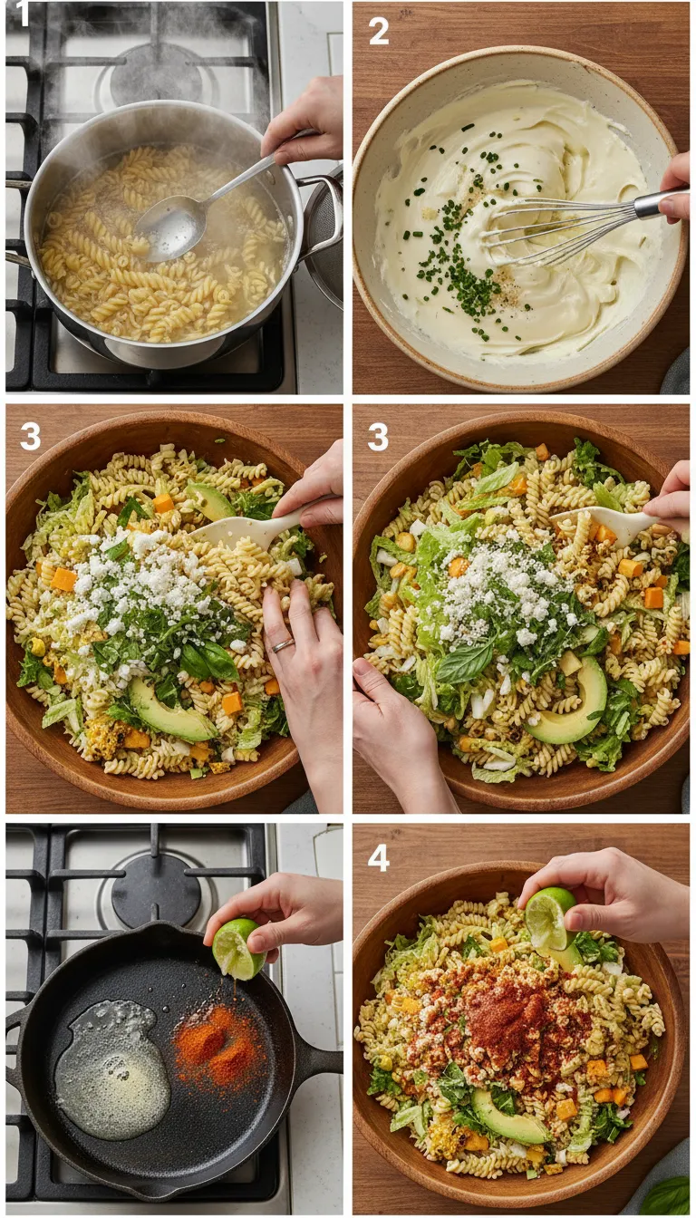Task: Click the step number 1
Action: [22, 14]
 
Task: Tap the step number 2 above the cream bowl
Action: [379, 31]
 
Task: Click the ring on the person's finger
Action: [283, 645]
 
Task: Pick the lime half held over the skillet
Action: [237, 951]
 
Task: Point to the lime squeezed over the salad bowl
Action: [550, 917]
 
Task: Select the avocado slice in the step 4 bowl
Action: [508, 1120]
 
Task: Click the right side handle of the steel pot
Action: [324, 217]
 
